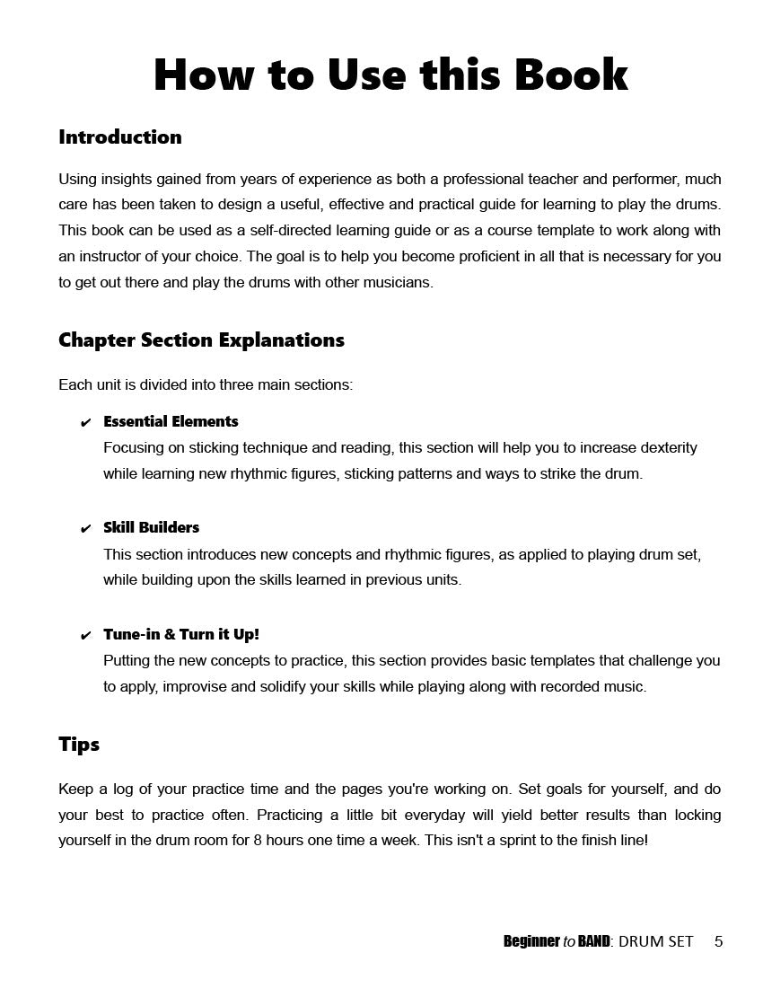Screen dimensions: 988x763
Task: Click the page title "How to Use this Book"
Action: click(x=390, y=75)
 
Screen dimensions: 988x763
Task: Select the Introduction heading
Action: click(x=120, y=137)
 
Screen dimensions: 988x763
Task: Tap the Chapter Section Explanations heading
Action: click(x=201, y=340)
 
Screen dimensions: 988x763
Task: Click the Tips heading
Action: click(x=79, y=745)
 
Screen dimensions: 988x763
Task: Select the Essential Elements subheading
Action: click(x=171, y=421)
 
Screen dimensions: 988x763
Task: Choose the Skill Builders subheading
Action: click(x=151, y=527)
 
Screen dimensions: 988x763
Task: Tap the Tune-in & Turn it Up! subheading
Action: click(x=180, y=634)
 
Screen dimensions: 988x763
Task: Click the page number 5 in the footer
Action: click(x=718, y=941)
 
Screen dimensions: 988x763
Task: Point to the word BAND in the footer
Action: click(x=593, y=941)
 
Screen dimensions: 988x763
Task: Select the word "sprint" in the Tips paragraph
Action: click(x=521, y=842)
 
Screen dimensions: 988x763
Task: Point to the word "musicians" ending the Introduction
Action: click(x=399, y=282)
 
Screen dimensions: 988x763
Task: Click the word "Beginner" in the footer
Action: click(x=531, y=941)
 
